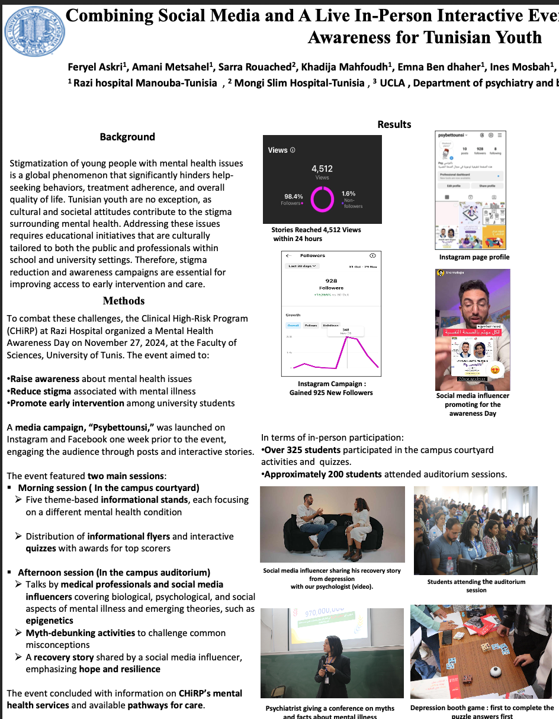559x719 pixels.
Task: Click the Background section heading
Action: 127,137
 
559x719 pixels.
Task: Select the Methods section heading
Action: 124,300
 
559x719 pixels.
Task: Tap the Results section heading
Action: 394,124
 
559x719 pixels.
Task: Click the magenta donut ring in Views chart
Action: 323,198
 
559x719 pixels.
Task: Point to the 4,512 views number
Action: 322,168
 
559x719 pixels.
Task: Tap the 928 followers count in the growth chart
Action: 331,281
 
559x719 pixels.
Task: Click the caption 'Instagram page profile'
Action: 474,257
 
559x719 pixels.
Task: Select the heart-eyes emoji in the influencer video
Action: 495,370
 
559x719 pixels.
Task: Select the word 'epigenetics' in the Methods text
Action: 50,621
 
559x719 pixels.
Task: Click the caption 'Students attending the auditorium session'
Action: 476,586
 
